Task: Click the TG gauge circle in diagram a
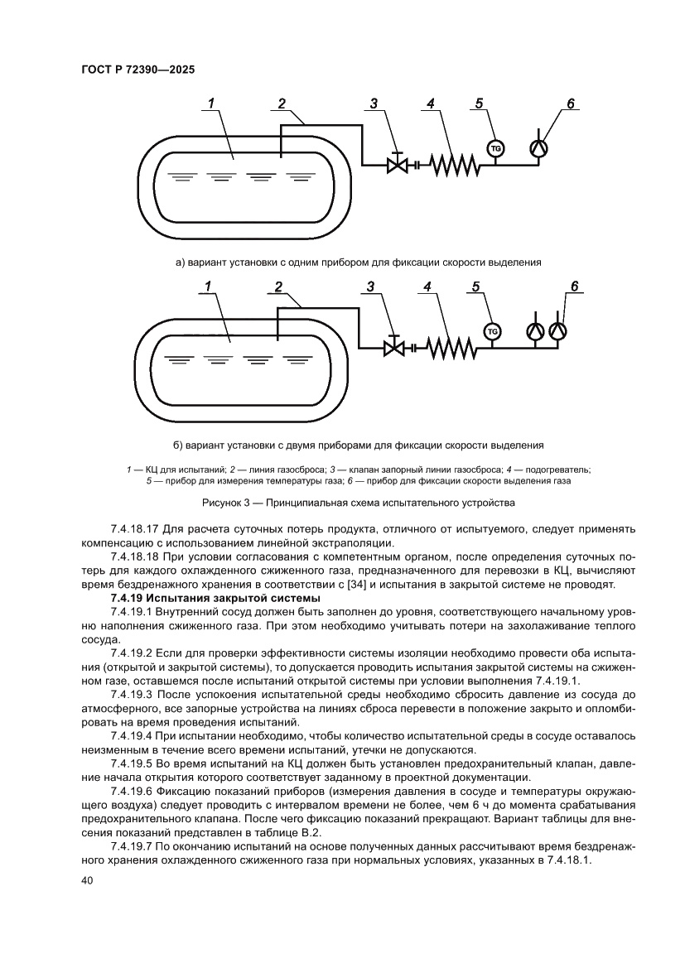coord(496,148)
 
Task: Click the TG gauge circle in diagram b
coord(493,331)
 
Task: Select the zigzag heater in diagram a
coord(452,165)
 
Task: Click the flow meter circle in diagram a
coord(539,148)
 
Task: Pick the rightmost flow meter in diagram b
coord(559,331)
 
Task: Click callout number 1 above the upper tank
coord(211,104)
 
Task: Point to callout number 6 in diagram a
coord(570,104)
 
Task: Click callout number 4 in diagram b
coord(427,287)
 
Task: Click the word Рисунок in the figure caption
coord(222,503)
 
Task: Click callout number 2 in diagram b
coord(277,287)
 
